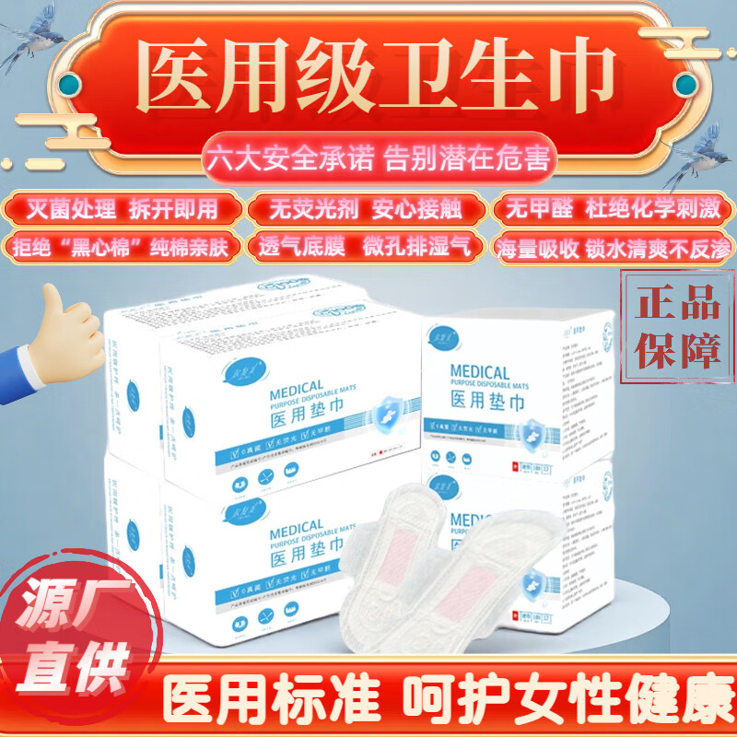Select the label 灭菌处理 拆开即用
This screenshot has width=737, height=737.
click(123, 209)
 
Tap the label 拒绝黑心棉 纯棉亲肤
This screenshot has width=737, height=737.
click(123, 246)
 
